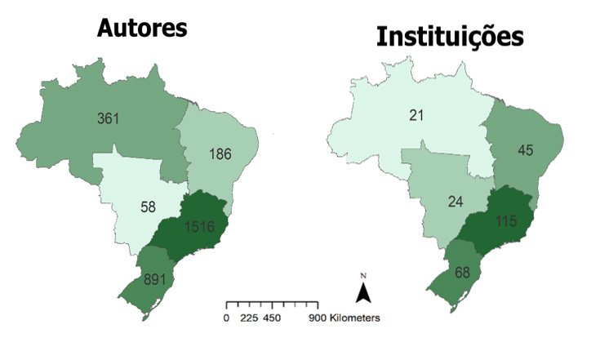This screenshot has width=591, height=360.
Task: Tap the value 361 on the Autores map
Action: coord(108,118)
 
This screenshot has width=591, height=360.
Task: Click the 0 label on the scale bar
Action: coord(226,318)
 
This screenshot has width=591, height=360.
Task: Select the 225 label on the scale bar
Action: coord(250,318)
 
